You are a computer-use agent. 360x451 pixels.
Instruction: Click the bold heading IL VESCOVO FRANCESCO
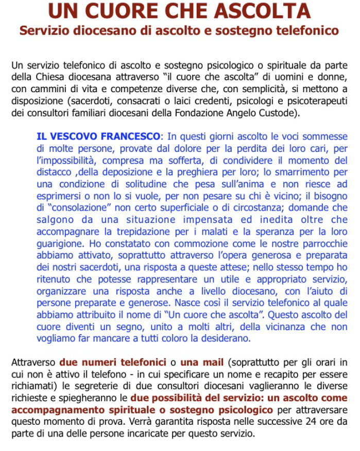coord(98,136)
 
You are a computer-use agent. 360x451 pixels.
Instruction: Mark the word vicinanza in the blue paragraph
coord(292,326)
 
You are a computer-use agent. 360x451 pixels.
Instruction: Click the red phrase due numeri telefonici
coord(112,362)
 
